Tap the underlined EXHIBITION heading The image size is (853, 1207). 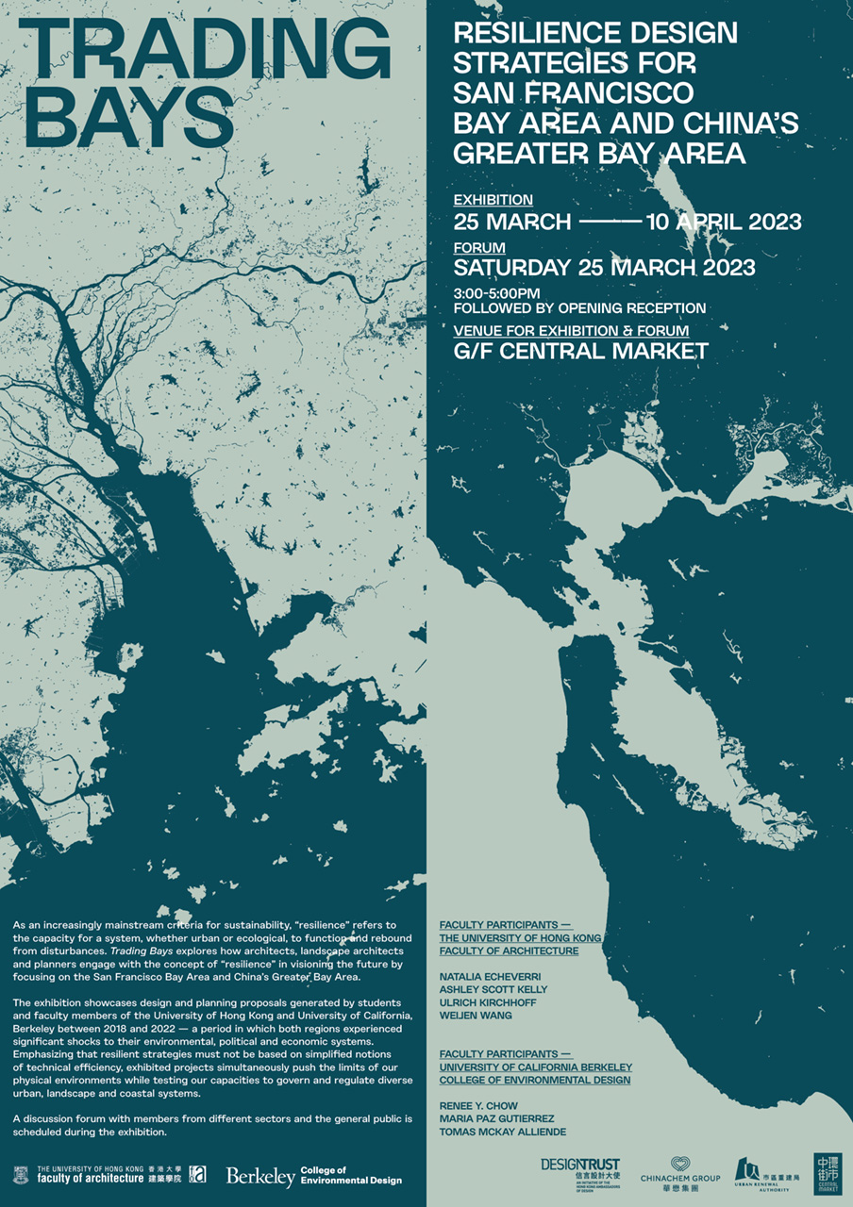pyautogui.click(x=493, y=200)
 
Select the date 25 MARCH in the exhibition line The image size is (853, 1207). pyautogui.click(x=511, y=223)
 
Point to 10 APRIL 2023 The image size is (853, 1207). pyautogui.click(x=723, y=223)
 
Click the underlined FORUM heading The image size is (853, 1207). pyautogui.click(x=479, y=247)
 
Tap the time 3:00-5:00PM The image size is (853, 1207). pyautogui.click(x=496, y=293)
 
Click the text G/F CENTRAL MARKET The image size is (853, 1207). pyautogui.click(x=580, y=352)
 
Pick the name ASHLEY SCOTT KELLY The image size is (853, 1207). pyautogui.click(x=493, y=989)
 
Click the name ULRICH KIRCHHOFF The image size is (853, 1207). pyautogui.click(x=488, y=1002)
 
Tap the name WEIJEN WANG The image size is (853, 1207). pyautogui.click(x=476, y=1016)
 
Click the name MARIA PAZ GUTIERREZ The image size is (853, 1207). pyautogui.click(x=496, y=1117)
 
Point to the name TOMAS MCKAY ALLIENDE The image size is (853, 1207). pyautogui.click(x=503, y=1131)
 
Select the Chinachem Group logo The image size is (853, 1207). pyautogui.click(x=679, y=1171)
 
